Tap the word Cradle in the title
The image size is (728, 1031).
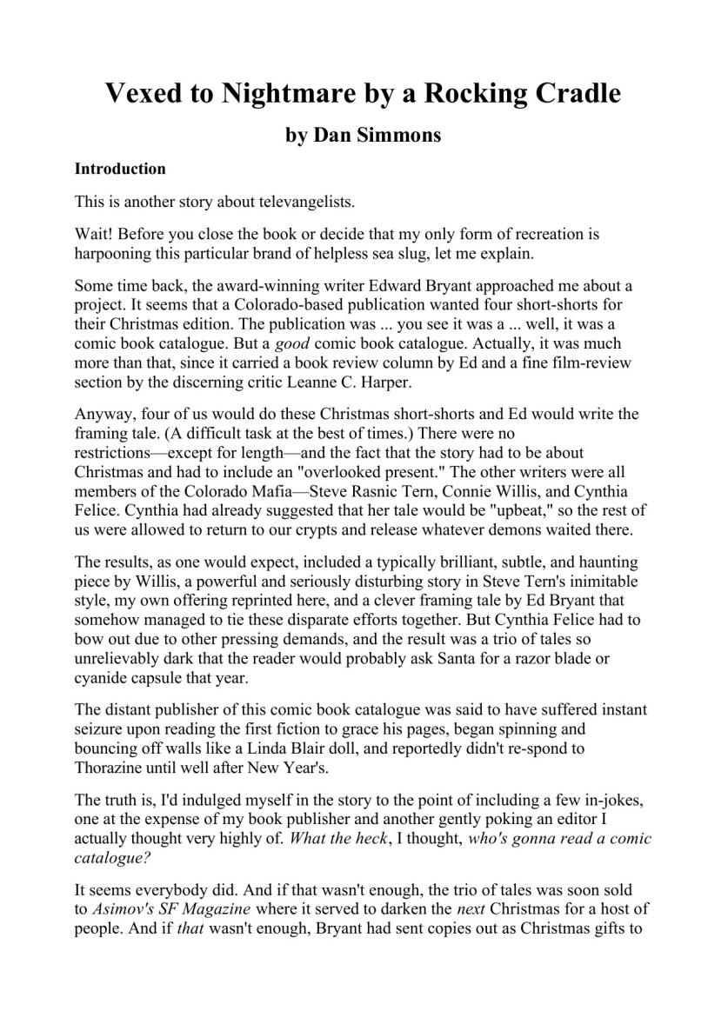567,93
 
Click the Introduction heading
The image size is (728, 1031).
120,169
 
